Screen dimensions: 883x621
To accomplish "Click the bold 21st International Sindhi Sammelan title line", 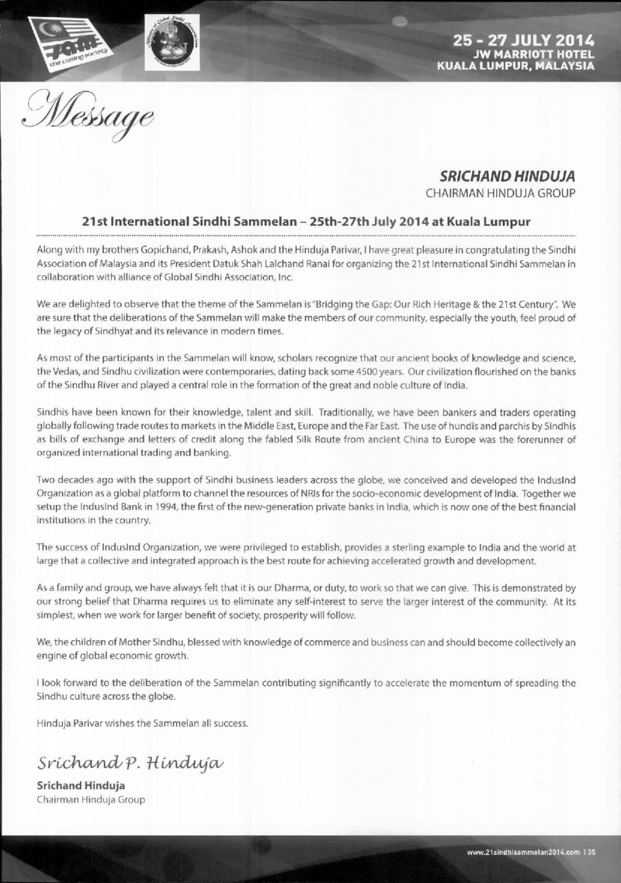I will pyautogui.click(x=306, y=221).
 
